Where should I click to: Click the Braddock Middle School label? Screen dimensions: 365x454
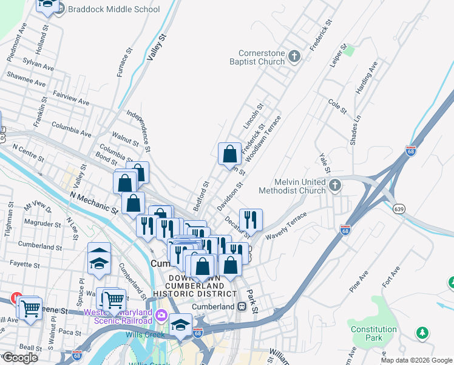point(114,9)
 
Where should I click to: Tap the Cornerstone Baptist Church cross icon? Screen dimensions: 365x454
point(294,57)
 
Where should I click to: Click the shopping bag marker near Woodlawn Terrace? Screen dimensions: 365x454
point(230,155)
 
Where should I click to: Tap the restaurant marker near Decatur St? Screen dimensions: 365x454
point(251,219)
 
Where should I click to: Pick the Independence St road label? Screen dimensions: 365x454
point(139,130)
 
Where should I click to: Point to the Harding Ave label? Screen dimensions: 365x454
point(367,77)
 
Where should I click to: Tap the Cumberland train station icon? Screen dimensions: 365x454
point(242,306)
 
